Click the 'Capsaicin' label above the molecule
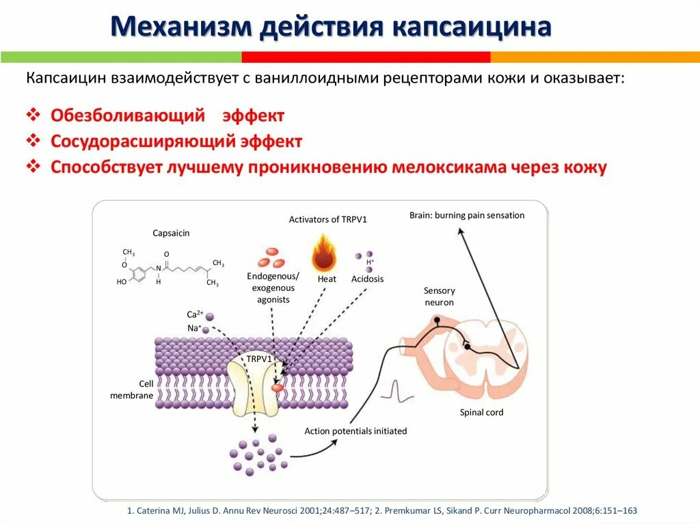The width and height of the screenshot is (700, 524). tap(171, 233)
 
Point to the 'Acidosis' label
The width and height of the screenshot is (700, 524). tap(368, 279)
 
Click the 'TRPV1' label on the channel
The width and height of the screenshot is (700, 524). tap(259, 358)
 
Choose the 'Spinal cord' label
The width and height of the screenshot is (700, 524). tap(481, 412)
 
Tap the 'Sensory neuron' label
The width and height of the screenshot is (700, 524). tap(439, 297)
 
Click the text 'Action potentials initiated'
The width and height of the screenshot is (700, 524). tap(355, 431)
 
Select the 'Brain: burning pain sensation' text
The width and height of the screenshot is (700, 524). tap(467, 215)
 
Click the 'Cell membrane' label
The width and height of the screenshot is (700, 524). tap(132, 389)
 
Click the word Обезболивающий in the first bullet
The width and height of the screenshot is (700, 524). tap(128, 115)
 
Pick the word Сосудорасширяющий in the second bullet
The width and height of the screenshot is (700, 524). tap(142, 141)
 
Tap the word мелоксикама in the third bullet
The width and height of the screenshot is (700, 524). tap(450, 167)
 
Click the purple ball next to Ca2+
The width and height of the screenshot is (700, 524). tap(210, 316)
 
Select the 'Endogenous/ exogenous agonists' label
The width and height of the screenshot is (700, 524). tap(273, 288)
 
